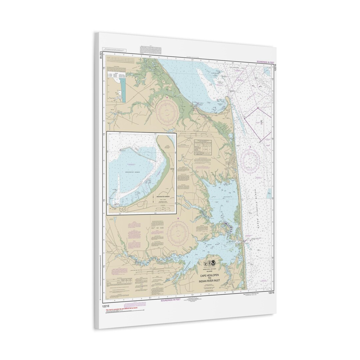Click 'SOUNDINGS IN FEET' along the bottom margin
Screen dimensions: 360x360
170,300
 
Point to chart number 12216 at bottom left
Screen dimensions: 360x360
106,305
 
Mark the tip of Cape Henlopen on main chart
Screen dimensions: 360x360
227,98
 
